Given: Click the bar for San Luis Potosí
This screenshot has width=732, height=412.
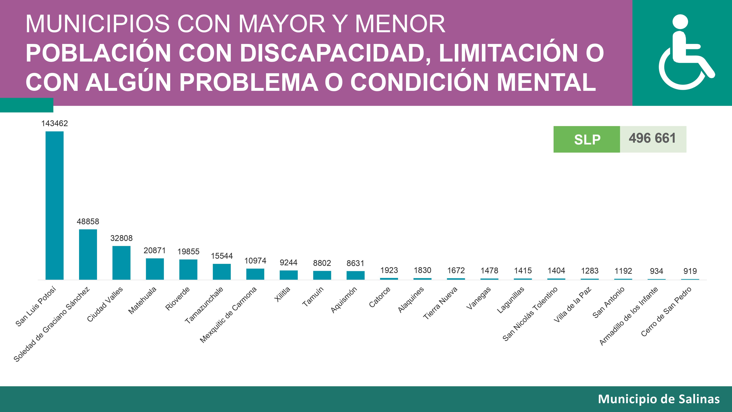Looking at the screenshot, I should point(55,205).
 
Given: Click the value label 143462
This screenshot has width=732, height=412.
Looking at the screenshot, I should point(55,123).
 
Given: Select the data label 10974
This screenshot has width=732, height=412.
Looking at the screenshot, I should point(255,261).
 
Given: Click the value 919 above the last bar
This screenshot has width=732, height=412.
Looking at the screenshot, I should point(690,271).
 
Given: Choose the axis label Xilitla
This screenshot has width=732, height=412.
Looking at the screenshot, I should point(282,294).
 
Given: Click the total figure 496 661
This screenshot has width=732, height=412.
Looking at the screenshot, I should point(652,138).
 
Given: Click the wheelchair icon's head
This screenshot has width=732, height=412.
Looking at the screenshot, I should point(680,22).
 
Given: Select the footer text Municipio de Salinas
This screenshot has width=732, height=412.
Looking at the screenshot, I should point(659,399).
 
